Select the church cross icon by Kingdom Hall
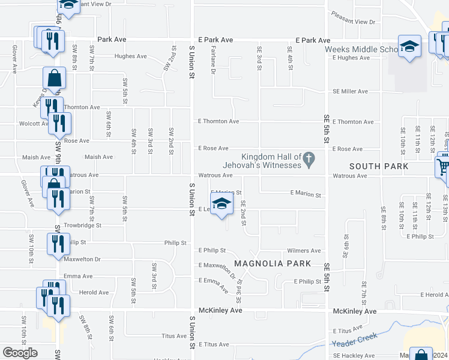pos(309,160)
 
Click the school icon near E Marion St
pos(221,203)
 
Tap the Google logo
pos(20,353)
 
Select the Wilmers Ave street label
pos(304,251)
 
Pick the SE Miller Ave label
pos(351,91)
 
